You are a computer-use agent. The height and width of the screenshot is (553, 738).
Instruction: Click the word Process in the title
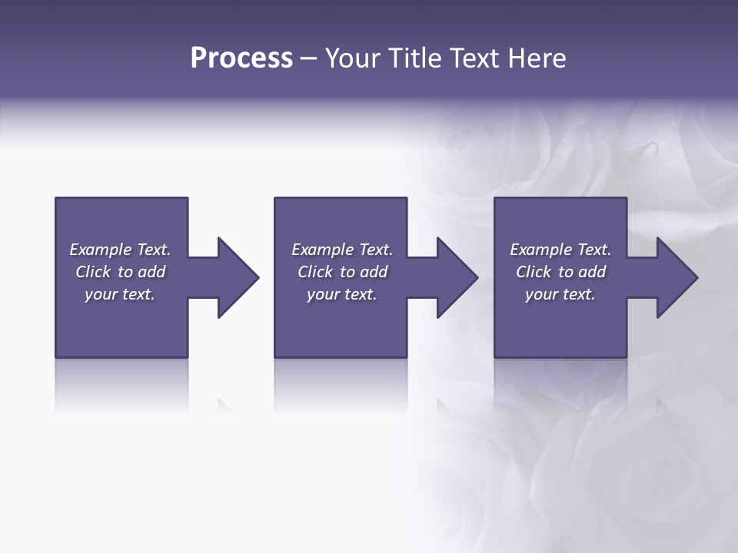point(241,58)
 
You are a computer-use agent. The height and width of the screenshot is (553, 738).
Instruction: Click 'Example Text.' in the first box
point(120,250)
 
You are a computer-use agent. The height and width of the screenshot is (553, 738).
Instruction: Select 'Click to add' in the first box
point(120,272)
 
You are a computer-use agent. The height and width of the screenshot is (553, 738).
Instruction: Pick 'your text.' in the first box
point(120,294)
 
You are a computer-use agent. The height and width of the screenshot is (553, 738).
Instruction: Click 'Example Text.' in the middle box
point(342,250)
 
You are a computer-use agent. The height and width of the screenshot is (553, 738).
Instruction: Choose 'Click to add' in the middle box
point(342,272)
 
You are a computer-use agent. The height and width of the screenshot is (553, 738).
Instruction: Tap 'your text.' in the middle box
point(342,294)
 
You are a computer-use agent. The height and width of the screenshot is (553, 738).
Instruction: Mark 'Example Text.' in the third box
point(560,250)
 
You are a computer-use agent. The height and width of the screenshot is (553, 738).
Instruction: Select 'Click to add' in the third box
point(560,272)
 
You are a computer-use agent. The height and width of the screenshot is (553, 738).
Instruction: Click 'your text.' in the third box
point(560,294)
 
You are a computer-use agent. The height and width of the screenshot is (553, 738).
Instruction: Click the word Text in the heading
point(474,58)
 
